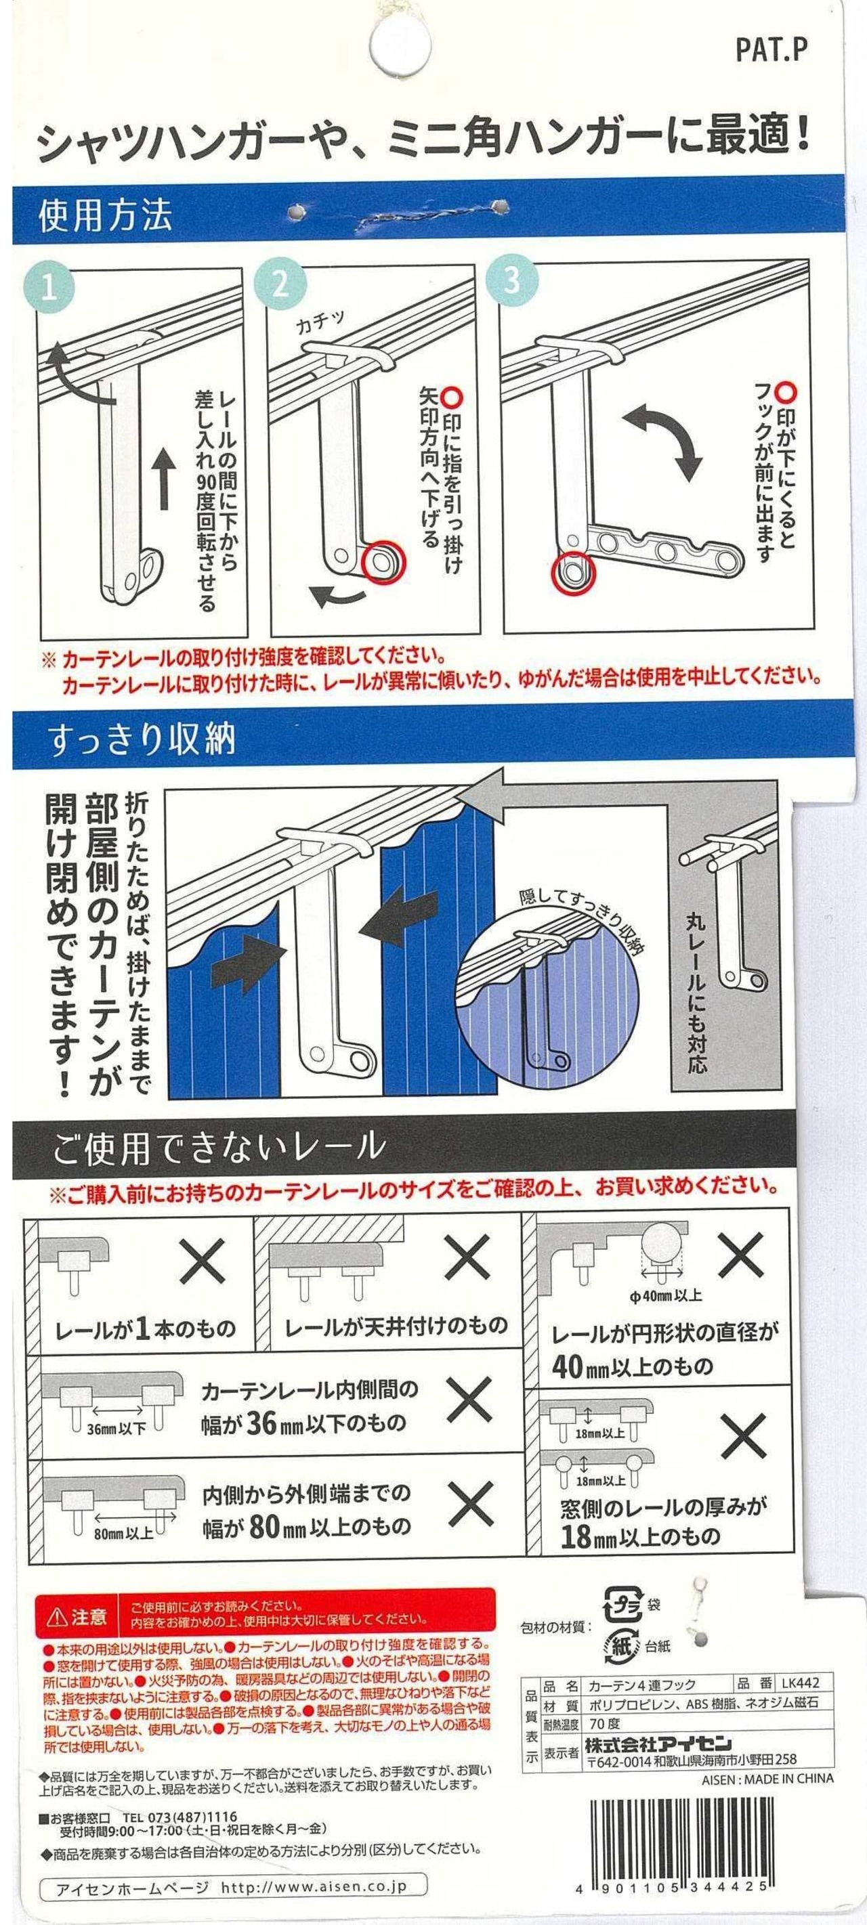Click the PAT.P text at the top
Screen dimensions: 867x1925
(771, 50)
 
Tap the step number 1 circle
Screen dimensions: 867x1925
(49, 288)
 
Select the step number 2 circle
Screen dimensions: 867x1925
(280, 283)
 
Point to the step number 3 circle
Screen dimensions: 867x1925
(512, 280)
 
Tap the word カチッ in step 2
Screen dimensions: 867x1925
(320, 323)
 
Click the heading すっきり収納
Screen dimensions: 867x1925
(142, 738)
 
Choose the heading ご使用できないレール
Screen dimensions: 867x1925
(218, 1146)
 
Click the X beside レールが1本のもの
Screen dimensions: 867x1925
(203, 1260)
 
